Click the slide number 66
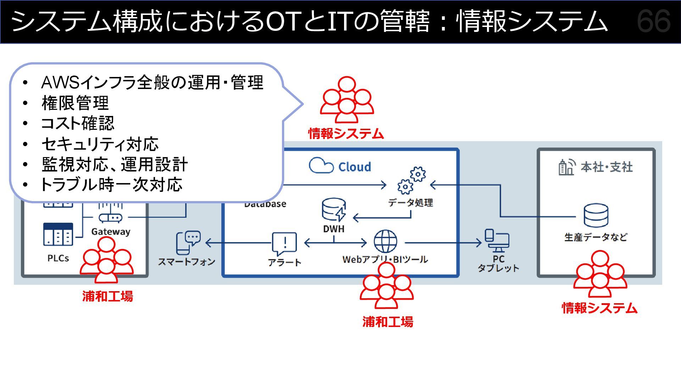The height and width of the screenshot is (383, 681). pos(654,22)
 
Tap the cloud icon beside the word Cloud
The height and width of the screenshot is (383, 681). pos(321,165)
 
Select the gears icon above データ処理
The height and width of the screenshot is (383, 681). pos(411,181)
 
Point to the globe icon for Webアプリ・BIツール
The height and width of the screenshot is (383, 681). pos(385,242)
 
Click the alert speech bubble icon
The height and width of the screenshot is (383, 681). pos(284,244)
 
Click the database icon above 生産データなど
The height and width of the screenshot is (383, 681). pos(596,215)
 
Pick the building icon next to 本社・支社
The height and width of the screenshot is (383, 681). pos(566,167)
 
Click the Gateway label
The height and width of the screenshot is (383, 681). pos(111,232)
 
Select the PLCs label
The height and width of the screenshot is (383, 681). pos(58,258)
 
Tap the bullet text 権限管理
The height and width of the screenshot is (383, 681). pos(75,103)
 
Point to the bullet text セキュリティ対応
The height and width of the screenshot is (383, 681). pos(100,144)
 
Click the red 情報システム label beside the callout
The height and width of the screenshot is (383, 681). pos(346,134)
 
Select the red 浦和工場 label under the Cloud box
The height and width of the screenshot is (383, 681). pos(388,322)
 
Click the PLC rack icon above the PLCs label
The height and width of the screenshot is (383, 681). pos(58,234)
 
